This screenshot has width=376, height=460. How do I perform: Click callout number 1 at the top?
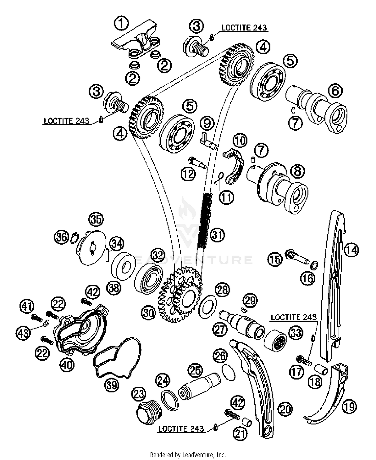(121, 24)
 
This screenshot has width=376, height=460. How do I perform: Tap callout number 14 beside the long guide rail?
(351, 250)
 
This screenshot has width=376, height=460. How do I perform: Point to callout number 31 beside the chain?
(217, 235)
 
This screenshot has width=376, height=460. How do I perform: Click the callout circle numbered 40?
(67, 365)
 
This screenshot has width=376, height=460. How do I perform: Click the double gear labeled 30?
(179, 295)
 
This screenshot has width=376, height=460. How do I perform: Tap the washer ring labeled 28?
(208, 307)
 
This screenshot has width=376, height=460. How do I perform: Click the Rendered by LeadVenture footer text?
(188, 454)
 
